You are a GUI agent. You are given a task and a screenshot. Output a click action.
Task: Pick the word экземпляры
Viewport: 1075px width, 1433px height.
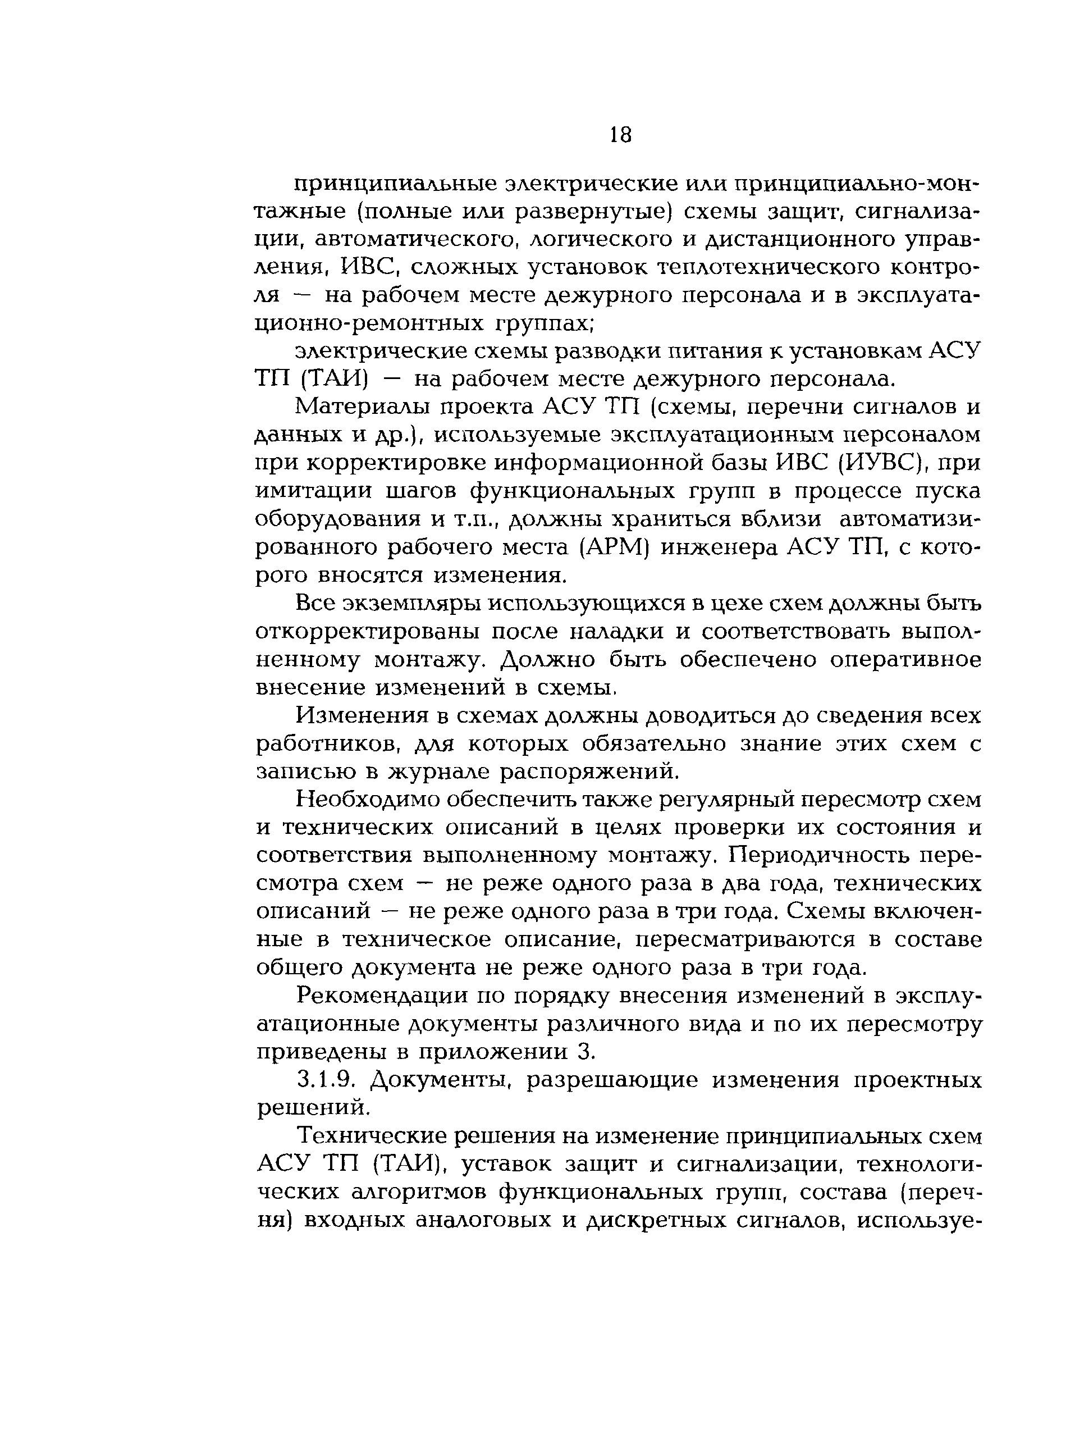point(413,603)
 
